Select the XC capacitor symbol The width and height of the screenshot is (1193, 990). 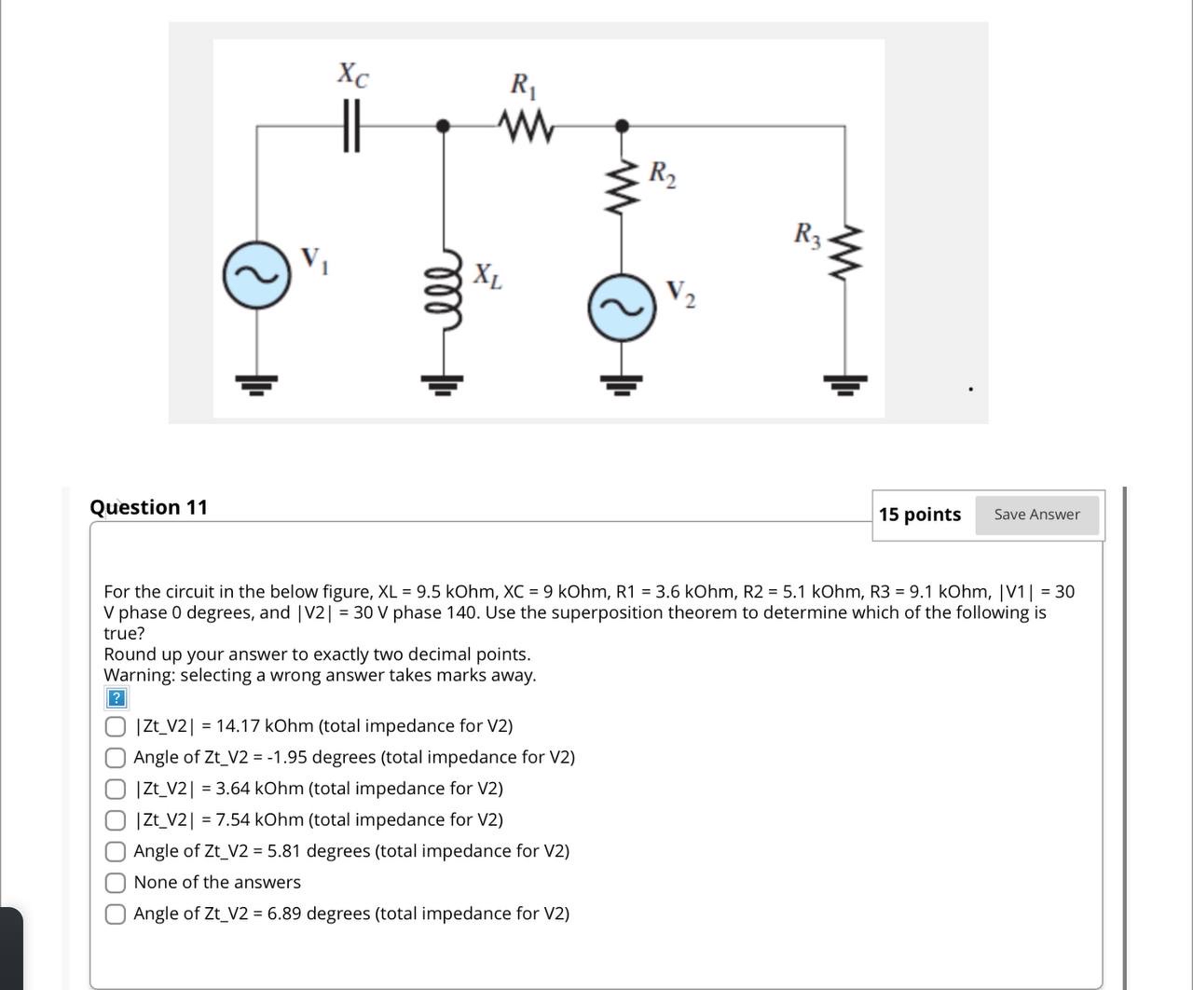350,126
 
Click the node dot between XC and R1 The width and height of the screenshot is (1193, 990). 445,125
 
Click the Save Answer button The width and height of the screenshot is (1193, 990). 1036,515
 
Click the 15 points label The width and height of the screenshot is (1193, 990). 919,515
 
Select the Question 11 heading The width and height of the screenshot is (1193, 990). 148,507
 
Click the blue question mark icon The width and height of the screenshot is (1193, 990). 116,698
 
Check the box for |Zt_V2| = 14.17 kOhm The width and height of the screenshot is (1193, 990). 116,726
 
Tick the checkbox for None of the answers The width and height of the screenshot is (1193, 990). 116,883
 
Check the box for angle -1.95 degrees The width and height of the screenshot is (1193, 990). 116,758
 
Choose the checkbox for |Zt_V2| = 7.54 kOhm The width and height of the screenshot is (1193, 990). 116,820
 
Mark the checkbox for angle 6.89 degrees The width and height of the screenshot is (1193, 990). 116,914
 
